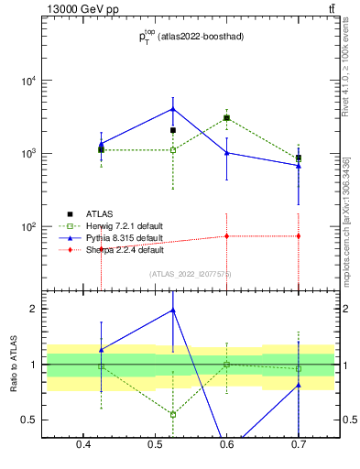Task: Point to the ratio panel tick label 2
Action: [x=33, y=309]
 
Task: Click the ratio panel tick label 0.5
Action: [x=29, y=420]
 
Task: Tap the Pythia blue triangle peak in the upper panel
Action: [x=173, y=109]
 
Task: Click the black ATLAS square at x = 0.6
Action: [x=226, y=118]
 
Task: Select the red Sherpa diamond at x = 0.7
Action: [x=298, y=236]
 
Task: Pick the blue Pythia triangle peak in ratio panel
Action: [x=173, y=310]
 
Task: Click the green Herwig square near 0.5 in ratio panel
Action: [x=173, y=414]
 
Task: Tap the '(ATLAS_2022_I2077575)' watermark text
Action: [x=191, y=274]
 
